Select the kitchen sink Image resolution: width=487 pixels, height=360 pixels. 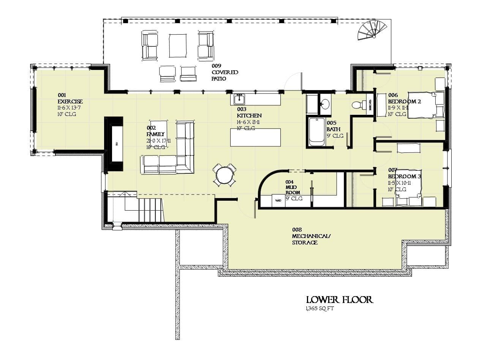click(239, 100)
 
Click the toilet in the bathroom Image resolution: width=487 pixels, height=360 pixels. click(357, 104)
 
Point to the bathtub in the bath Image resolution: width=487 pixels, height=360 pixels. click(316, 132)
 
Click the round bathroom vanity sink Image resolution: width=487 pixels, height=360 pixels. click(324, 104)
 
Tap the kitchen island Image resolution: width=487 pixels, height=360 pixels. click(256, 138)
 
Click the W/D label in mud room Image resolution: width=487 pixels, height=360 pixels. click(278, 201)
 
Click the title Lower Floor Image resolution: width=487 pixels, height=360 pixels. click(340, 300)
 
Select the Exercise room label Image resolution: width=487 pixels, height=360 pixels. click(70, 101)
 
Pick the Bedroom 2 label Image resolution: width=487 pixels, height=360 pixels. click(404, 101)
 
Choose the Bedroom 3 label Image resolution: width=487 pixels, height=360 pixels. click(404, 176)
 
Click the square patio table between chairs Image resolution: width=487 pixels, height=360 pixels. click(178, 46)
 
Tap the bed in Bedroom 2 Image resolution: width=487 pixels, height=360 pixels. click(422, 105)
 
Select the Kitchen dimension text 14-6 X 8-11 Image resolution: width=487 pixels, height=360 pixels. click(248, 122)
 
